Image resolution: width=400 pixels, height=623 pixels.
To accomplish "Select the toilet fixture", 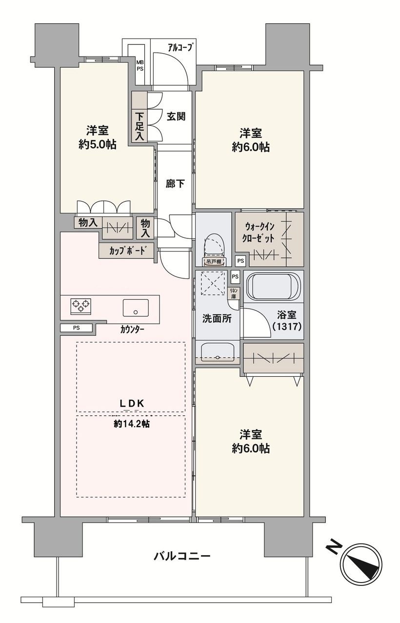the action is click(x=214, y=245).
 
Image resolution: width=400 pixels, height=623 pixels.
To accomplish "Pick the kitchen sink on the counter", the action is click(x=136, y=308).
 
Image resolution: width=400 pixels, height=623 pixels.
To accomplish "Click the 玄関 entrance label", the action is click(x=176, y=116).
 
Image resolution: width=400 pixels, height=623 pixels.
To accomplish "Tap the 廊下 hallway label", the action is click(x=175, y=184).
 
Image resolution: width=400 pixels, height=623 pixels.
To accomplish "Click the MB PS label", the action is click(x=140, y=66).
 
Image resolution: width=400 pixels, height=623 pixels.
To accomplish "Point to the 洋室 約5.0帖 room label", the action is click(x=97, y=137).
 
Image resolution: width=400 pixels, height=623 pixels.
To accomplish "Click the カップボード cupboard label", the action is click(x=127, y=251).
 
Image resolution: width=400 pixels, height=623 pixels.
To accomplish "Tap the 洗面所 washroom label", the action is click(x=217, y=319).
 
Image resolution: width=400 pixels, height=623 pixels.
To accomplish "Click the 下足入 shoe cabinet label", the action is click(x=140, y=127).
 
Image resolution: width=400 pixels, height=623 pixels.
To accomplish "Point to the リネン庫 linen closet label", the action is click(x=233, y=293).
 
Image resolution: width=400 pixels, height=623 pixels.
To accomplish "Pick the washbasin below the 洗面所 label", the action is click(x=218, y=351).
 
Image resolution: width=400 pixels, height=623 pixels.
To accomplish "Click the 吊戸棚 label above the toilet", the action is click(x=214, y=262).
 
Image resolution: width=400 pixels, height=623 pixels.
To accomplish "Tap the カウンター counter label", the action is click(x=133, y=330).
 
